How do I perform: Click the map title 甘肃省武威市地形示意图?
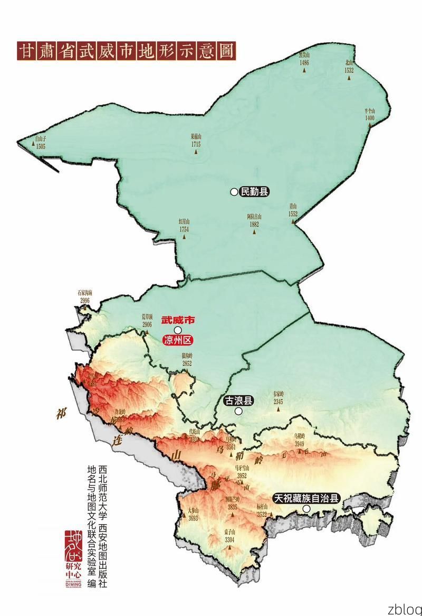point(127,52)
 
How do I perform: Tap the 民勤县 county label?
point(254,192)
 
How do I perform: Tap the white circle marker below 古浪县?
point(238,411)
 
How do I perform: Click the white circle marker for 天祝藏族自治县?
point(306,509)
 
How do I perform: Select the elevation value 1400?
point(369,118)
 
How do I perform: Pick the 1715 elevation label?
point(196,144)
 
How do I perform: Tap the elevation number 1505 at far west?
point(41,146)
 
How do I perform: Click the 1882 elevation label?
point(254,224)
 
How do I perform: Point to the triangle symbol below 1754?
point(184,237)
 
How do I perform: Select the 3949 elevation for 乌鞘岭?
point(300,443)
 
